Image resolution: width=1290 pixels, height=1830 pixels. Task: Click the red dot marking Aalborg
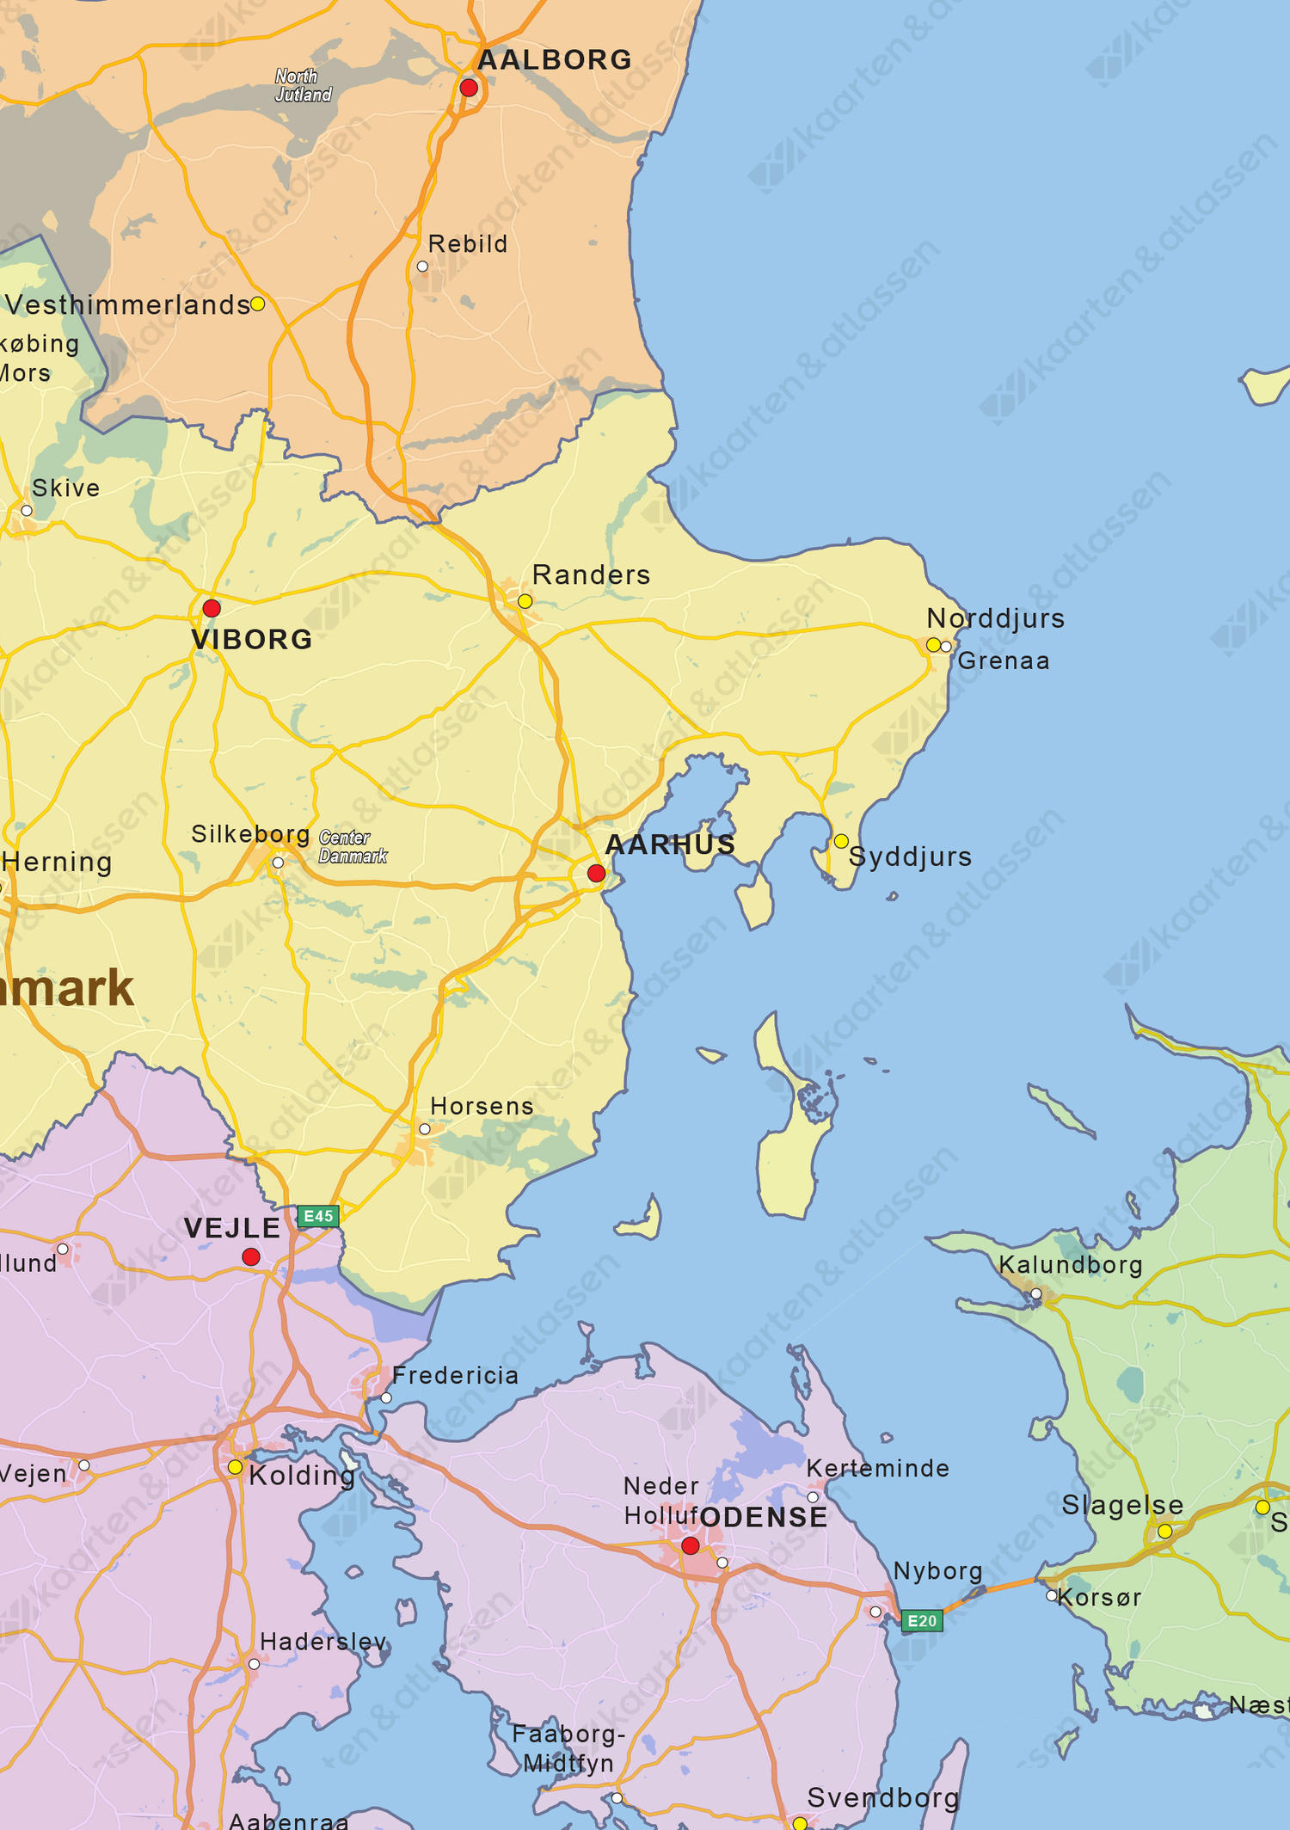[x=469, y=88]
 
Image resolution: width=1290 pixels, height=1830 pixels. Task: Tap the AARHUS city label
[x=670, y=844]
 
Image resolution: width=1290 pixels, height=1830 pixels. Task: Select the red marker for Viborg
[x=212, y=608]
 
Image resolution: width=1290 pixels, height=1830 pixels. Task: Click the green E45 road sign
[x=318, y=1216]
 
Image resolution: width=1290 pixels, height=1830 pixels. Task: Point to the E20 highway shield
[x=922, y=1621]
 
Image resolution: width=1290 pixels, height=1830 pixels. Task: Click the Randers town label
[x=591, y=574]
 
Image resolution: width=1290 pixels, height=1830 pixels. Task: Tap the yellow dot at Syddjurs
[x=841, y=841]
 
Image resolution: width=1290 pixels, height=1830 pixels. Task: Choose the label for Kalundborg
[x=1070, y=1264]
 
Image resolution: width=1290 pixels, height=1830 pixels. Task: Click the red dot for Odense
[x=690, y=1545]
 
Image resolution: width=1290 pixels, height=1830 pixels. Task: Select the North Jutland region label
[x=303, y=85]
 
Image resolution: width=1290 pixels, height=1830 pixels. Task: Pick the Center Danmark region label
[x=353, y=846]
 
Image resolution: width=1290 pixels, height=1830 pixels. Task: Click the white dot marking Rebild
[x=422, y=267]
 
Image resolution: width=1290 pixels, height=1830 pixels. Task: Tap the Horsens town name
[x=482, y=1106]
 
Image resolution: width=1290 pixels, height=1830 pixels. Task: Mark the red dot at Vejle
[x=251, y=1256]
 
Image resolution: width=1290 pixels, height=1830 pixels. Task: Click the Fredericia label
[x=455, y=1375]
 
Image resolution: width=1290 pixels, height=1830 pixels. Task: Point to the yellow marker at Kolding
[x=235, y=1467]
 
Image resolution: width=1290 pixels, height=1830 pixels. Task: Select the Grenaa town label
[x=1004, y=660]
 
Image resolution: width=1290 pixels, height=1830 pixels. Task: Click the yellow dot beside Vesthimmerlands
[x=257, y=304]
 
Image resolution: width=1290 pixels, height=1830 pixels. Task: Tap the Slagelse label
[x=1121, y=1505]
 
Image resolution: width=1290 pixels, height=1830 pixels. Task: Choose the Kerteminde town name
[x=877, y=1468]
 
